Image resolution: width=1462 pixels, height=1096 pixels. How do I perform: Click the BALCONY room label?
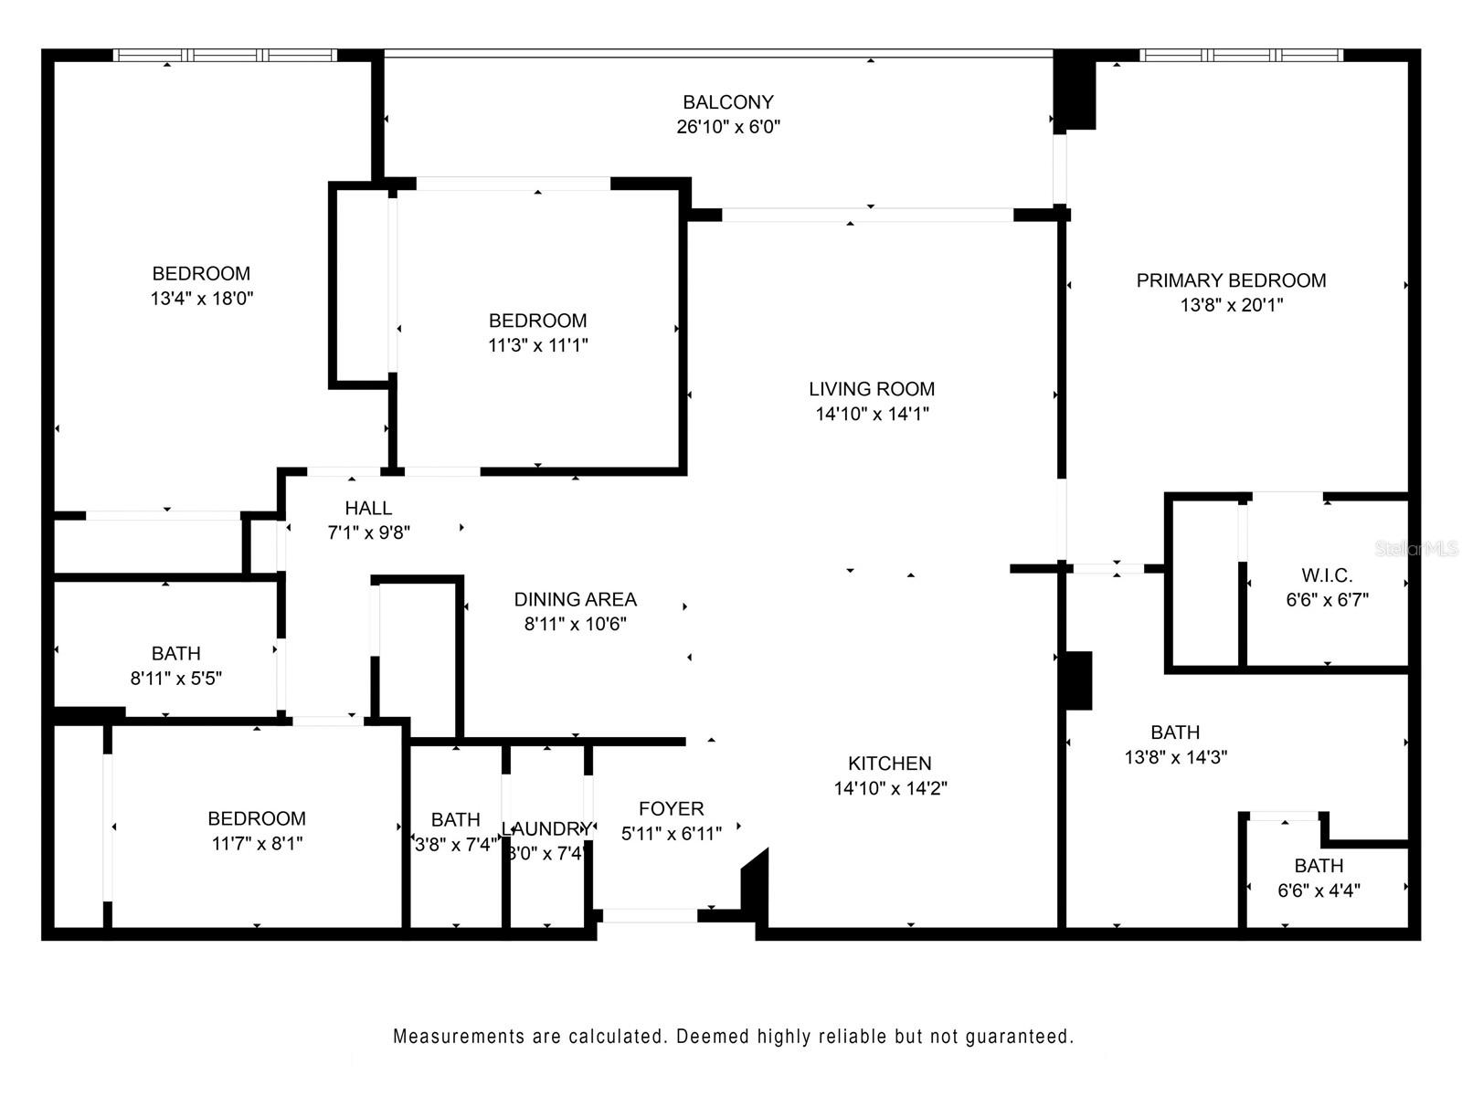click(x=727, y=102)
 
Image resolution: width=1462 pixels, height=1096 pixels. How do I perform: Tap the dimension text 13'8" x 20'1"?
click(x=1231, y=305)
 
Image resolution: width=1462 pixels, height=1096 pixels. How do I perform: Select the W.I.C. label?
click(x=1326, y=575)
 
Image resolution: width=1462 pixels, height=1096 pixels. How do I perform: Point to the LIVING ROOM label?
click(x=871, y=389)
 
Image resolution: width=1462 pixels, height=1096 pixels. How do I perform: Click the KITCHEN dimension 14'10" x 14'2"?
click(x=889, y=788)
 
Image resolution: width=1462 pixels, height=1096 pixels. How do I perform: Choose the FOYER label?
click(x=671, y=808)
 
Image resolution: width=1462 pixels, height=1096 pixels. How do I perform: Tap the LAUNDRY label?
click(x=546, y=828)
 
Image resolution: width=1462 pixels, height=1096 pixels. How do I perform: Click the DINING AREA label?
click(x=575, y=599)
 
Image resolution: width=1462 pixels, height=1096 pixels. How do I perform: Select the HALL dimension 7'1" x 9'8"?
click(x=368, y=532)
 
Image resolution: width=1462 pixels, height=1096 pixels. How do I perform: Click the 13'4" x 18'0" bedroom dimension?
click(x=201, y=298)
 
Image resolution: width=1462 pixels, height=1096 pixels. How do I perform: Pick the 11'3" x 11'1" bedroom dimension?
click(x=537, y=345)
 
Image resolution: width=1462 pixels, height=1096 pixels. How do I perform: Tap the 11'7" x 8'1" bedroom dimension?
click(x=257, y=843)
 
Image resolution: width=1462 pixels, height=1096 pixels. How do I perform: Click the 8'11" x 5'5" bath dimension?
click(x=175, y=678)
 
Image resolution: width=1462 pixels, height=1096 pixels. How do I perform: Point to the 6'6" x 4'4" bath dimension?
click(x=1318, y=890)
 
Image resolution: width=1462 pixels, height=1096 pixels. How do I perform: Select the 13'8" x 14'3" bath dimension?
click(x=1174, y=756)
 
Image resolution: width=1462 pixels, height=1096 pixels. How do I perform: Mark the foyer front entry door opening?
click(x=649, y=915)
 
